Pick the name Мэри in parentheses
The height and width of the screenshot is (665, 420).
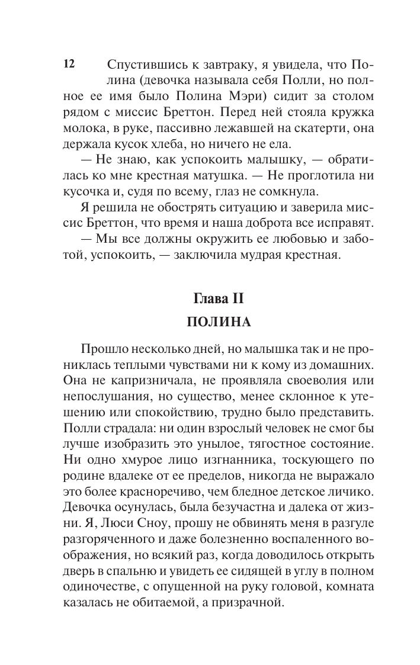[258, 96]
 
